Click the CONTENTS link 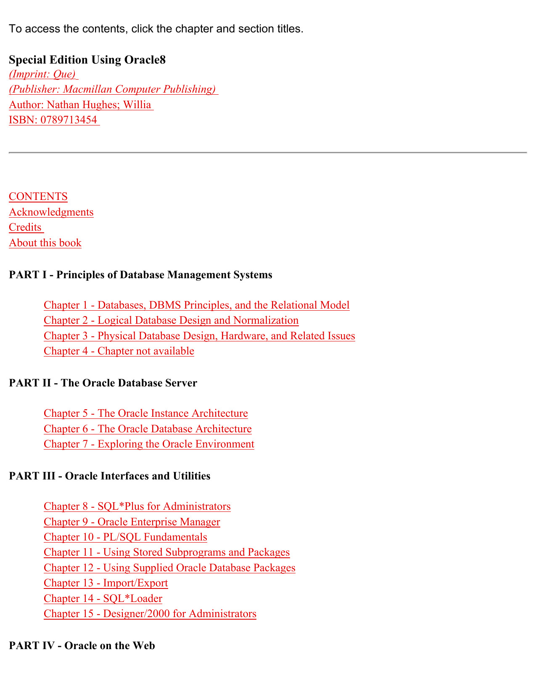38,197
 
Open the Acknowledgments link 51,212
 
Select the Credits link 26,227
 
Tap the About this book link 45,243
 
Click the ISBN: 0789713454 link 53,120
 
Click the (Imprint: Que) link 42,74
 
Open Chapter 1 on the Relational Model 196,305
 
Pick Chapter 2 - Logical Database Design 171,320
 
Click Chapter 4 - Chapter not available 119,351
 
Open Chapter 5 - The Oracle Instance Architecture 146,413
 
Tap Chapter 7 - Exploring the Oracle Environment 149,444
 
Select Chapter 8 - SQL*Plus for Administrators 137,506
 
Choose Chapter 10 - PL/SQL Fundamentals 125,537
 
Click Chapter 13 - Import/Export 106,583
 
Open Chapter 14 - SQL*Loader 103,599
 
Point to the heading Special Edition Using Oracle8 87,60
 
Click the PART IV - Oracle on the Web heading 82,645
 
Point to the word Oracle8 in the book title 145,60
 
